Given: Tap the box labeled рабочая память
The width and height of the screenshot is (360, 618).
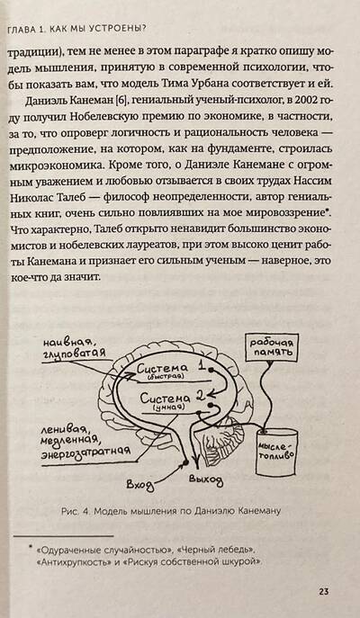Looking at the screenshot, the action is click(272, 348).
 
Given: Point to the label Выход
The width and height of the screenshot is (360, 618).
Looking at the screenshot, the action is click(205, 479).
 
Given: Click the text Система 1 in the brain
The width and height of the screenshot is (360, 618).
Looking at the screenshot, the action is click(171, 368).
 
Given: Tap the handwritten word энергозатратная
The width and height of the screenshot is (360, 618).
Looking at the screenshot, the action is click(86, 452).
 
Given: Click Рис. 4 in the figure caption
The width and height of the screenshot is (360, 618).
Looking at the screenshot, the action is click(72, 512).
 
